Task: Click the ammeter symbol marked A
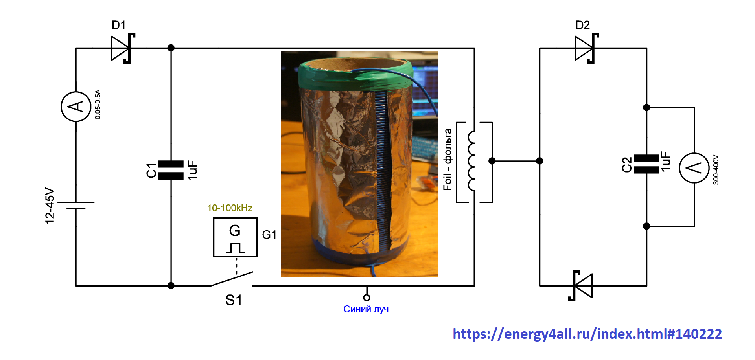pos(76,107)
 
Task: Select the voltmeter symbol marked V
pos(694,168)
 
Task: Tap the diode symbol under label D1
pos(123,48)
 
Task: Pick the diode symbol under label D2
pos(587,48)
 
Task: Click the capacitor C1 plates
pos(171,170)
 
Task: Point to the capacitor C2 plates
pos(646,164)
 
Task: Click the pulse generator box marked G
pos(235,237)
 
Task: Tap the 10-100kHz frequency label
pos(230,208)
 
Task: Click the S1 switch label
pos(234,300)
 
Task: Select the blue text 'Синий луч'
pos(366,309)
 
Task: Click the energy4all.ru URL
pos(587,334)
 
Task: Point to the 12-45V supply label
pos(50,206)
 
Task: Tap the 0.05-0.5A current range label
pos(98,105)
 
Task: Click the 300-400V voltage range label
pos(716,170)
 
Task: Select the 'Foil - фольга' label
pos(447,159)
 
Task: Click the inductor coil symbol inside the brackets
pos(471,161)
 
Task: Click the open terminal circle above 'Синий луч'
pos(366,298)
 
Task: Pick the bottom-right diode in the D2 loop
pos(580,286)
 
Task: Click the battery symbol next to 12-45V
pos(76,206)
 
